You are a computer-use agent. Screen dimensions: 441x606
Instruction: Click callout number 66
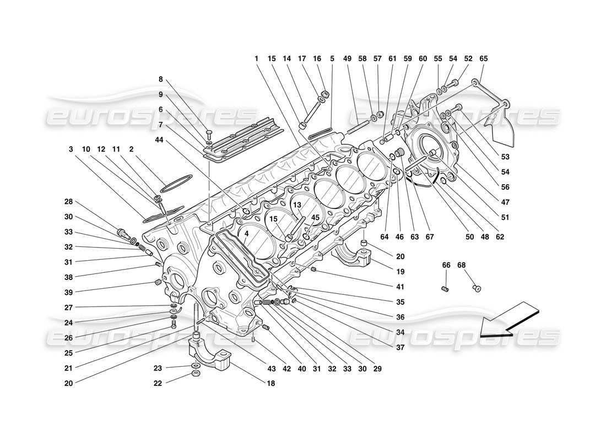click(446, 265)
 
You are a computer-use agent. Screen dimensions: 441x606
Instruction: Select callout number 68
click(462, 265)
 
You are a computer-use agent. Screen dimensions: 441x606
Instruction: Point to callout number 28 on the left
click(69, 201)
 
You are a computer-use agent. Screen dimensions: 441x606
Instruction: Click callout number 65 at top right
click(483, 58)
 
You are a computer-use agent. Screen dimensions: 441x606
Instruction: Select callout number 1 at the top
click(256, 58)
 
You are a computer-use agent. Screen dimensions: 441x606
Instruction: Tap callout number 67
click(430, 237)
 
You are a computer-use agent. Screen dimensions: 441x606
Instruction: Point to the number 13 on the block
click(296, 205)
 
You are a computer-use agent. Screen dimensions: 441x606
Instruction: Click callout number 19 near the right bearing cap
click(399, 271)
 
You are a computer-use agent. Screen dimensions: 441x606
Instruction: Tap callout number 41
click(399, 287)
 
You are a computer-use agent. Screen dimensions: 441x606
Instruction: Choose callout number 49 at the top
click(347, 58)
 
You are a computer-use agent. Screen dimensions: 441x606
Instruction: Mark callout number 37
click(399, 347)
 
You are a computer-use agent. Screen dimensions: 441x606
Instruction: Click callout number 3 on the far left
click(71, 149)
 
